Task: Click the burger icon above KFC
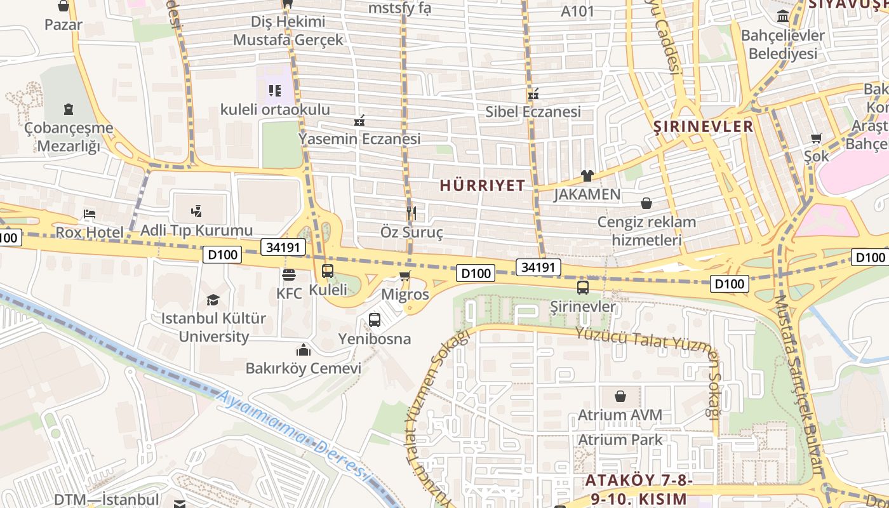pyautogui.click(x=289, y=276)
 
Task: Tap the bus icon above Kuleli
pyautogui.click(x=328, y=271)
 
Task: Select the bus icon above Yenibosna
pyautogui.click(x=375, y=319)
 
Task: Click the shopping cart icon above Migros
pyautogui.click(x=404, y=276)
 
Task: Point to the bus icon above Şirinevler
pyautogui.click(x=583, y=288)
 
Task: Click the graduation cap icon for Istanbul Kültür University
pyautogui.click(x=213, y=299)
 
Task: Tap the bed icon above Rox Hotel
pyautogui.click(x=90, y=214)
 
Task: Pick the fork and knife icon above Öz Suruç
pyautogui.click(x=411, y=213)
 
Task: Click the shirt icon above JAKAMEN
pyautogui.click(x=587, y=175)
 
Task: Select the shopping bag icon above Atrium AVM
pyautogui.click(x=620, y=396)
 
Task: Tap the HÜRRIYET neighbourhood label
pyautogui.click(x=483, y=185)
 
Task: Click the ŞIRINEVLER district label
pyautogui.click(x=704, y=126)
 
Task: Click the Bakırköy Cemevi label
pyautogui.click(x=304, y=368)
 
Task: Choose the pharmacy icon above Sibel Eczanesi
pyautogui.click(x=533, y=94)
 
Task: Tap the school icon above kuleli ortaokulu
pyautogui.click(x=274, y=91)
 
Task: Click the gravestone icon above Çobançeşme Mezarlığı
pyautogui.click(x=69, y=109)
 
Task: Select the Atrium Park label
pyautogui.click(x=620, y=439)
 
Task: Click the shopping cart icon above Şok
pyautogui.click(x=817, y=138)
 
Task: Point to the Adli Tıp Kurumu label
pyautogui.click(x=196, y=231)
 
